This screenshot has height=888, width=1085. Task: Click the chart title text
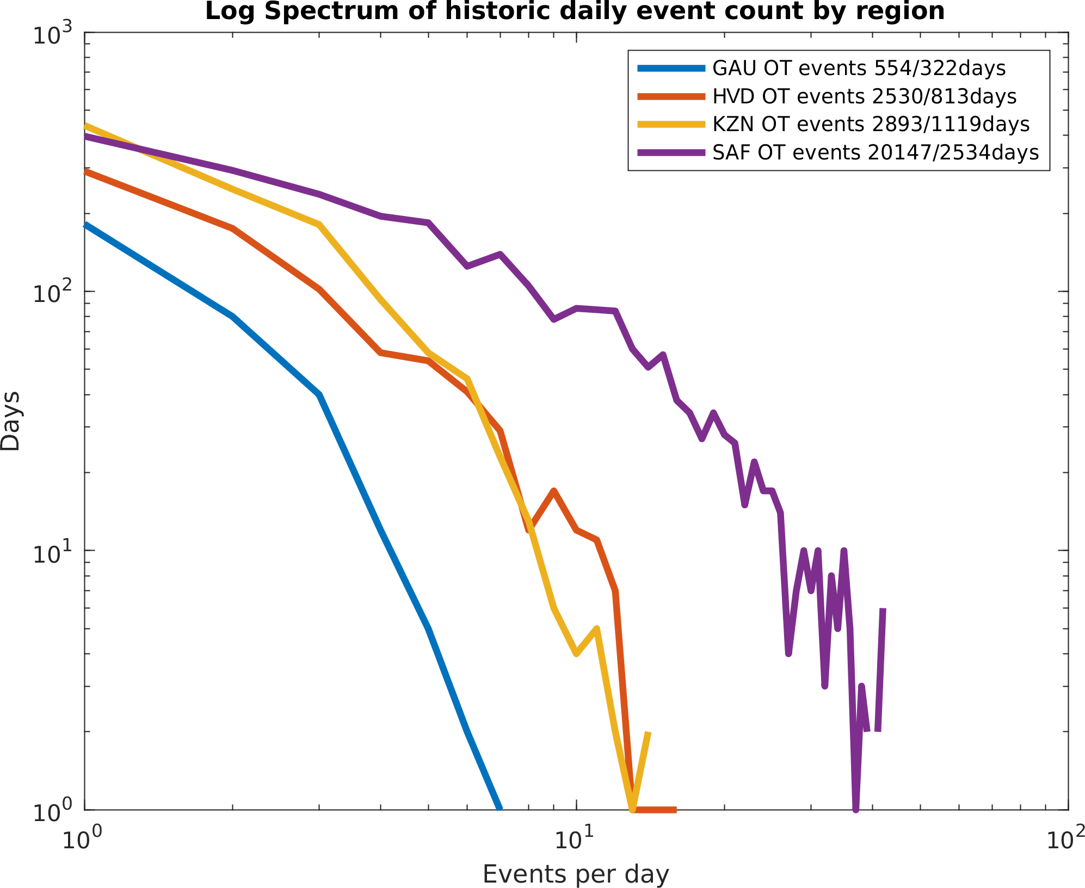[575, 11]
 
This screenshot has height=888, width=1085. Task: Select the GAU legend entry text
[859, 69]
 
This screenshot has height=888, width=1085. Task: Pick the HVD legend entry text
[864, 97]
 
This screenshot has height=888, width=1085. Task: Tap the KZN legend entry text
[871, 125]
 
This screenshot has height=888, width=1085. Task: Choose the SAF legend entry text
[876, 153]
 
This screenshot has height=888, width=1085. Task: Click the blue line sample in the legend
[671, 69]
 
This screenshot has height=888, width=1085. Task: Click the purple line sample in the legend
[671, 153]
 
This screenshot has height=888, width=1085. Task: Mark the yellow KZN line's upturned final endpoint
[648, 733]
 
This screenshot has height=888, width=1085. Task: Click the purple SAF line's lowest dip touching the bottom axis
[856, 809]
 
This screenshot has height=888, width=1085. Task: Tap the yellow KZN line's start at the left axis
[85, 126]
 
